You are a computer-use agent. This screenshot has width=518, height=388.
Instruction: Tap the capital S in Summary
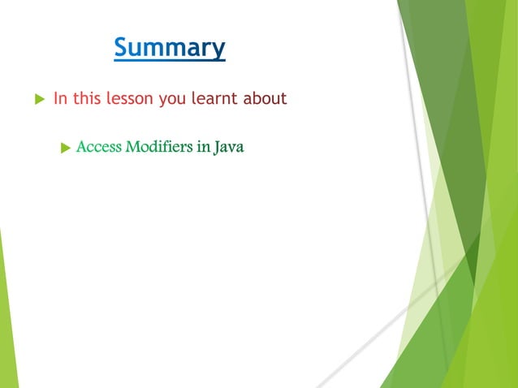coord(121,47)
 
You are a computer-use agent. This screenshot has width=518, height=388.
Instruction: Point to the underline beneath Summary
coord(169,61)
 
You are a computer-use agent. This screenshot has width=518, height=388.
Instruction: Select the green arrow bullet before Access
coord(66,148)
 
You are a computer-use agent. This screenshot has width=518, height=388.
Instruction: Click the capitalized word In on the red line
coord(59,99)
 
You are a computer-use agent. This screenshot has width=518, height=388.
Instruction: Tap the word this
coord(87,99)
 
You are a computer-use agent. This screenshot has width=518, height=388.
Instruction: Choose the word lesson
coord(131,99)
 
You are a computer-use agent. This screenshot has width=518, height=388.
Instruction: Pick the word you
coord(173,100)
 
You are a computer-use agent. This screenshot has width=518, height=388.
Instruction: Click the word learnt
coord(215,99)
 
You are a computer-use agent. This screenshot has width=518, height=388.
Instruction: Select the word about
coord(265,99)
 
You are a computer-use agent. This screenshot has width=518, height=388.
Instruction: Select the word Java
coord(229,148)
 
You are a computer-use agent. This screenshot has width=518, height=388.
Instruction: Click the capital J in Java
coord(218,148)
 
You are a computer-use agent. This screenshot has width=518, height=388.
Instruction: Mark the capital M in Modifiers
coord(132,148)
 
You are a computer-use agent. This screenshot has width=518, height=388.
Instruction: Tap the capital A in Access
coord(81,148)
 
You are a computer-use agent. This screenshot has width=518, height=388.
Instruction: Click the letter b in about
coord(256,99)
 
